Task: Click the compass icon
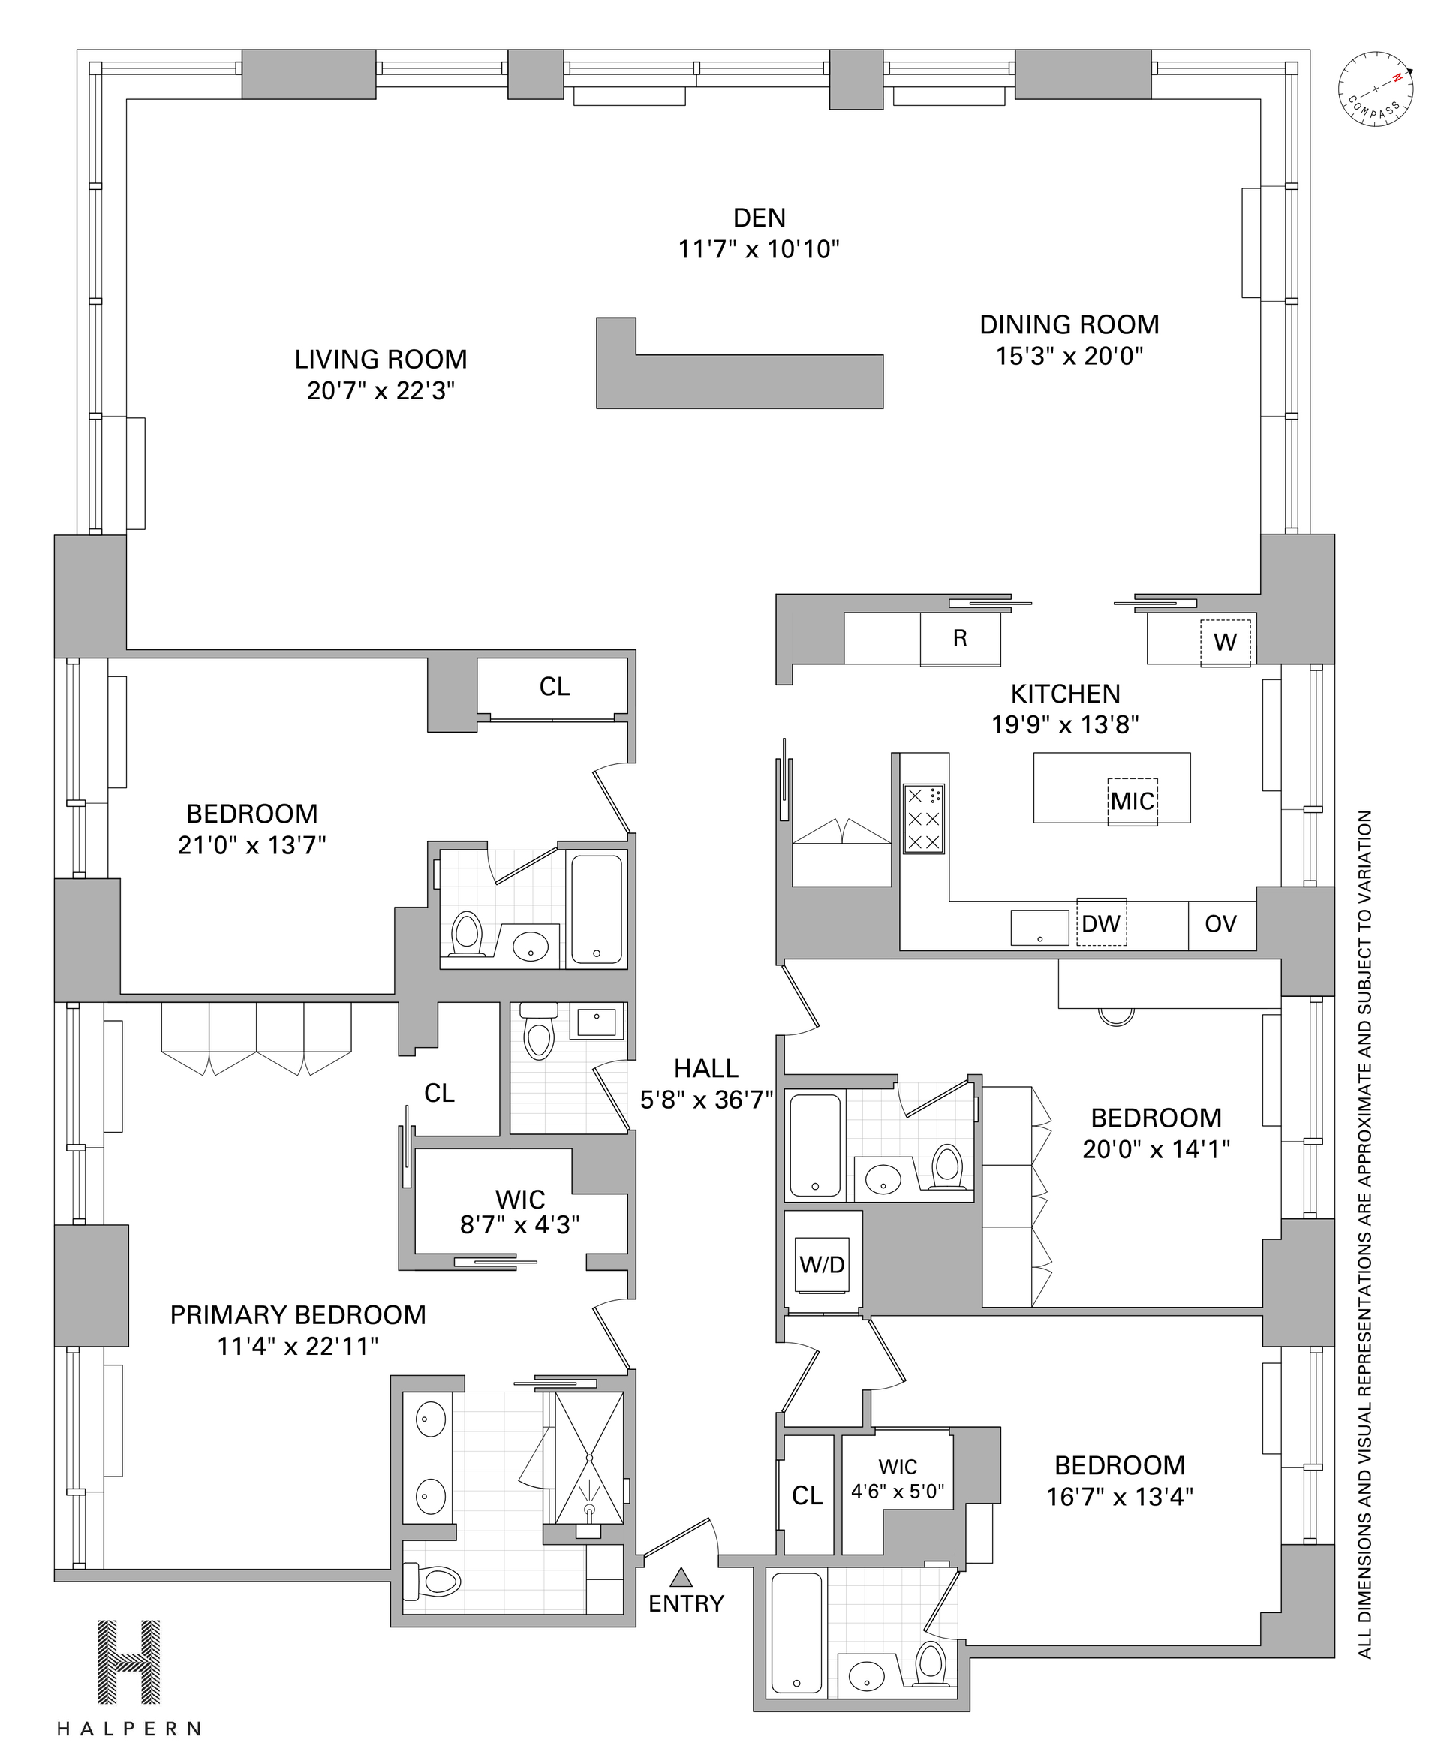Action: click(x=1376, y=89)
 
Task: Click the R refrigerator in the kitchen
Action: click(x=960, y=639)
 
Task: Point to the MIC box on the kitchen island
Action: click(x=1133, y=800)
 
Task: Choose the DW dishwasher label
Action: click(x=1101, y=923)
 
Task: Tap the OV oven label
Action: click(x=1220, y=923)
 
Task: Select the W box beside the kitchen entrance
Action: click(x=1225, y=642)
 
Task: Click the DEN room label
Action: click(x=759, y=218)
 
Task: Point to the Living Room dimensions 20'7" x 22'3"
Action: click(x=381, y=391)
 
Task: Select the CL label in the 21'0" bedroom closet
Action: click(x=555, y=687)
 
